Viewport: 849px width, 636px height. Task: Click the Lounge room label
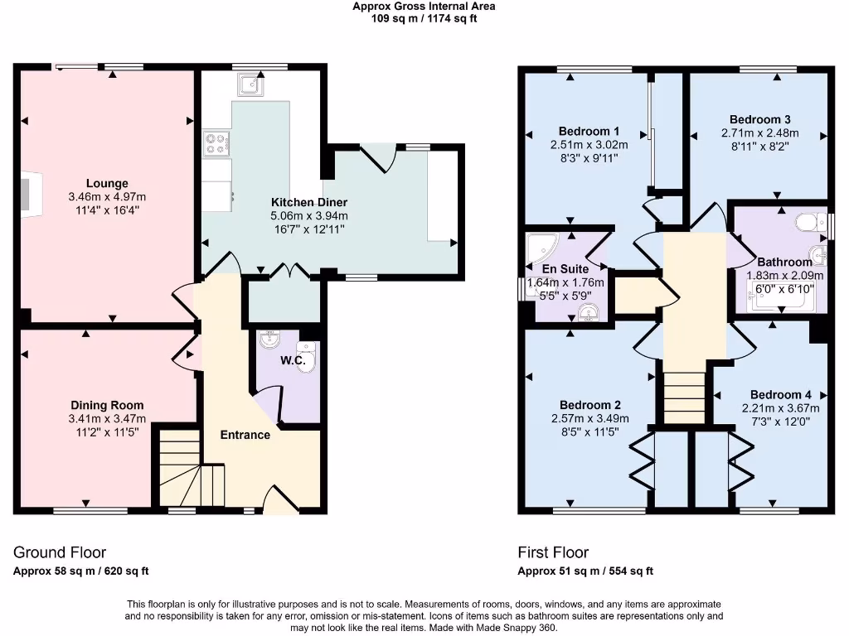coord(107,183)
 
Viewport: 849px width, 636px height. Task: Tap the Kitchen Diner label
coord(309,202)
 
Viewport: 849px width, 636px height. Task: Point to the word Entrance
coord(245,435)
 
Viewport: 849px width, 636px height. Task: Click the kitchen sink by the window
coord(249,84)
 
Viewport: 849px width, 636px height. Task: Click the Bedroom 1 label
coord(589,131)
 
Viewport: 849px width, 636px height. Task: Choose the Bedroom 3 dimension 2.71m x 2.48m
coord(759,132)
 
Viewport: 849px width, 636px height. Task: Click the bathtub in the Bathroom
coord(781,300)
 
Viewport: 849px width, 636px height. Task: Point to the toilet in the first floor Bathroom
coord(806,222)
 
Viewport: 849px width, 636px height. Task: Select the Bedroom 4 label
coord(780,394)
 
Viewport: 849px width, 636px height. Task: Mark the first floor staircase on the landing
coord(684,396)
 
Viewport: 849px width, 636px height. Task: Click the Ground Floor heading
coord(60,552)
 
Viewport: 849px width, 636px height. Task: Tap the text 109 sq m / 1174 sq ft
coord(424,18)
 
